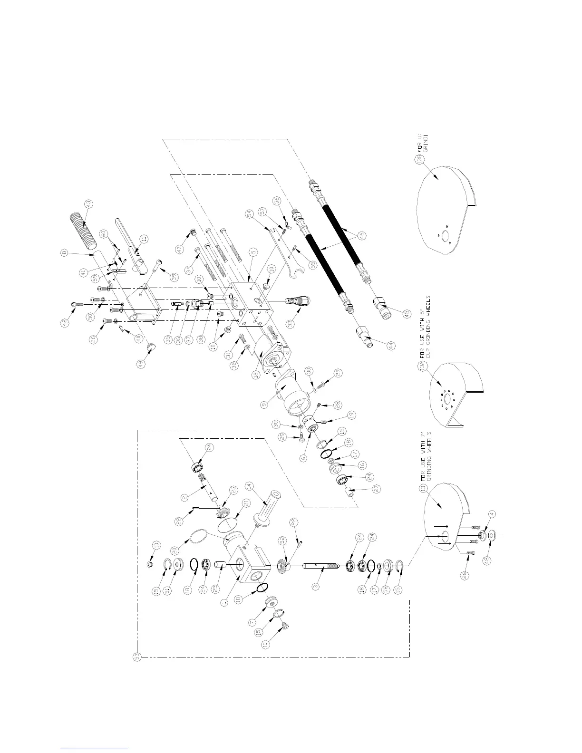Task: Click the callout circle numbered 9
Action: pos(265,405)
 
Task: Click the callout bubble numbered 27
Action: pos(377,489)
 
